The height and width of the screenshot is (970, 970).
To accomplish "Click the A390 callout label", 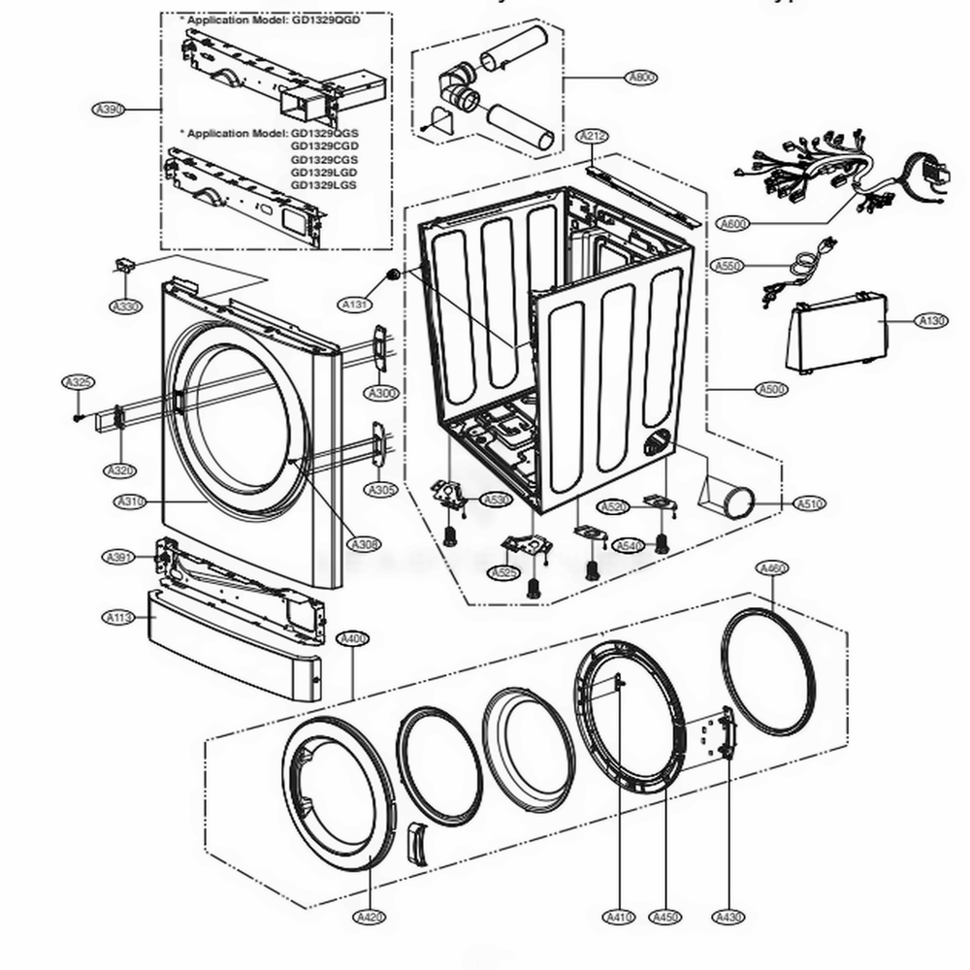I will (x=109, y=110).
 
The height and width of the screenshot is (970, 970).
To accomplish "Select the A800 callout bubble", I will (x=642, y=78).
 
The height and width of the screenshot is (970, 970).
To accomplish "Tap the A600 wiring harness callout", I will (x=734, y=225).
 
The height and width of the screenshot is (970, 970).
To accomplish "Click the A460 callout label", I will (x=772, y=568).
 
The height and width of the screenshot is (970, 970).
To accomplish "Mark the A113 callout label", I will (x=118, y=618).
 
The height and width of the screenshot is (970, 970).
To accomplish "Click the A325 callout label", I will (x=79, y=383).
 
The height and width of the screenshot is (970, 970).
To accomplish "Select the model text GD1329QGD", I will (x=325, y=19).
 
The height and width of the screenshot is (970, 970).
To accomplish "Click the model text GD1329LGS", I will (x=324, y=184).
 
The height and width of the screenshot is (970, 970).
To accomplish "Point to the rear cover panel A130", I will (x=836, y=336).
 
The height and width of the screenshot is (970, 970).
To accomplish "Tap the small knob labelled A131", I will (x=393, y=275).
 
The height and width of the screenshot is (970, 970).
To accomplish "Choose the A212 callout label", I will (x=592, y=137).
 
